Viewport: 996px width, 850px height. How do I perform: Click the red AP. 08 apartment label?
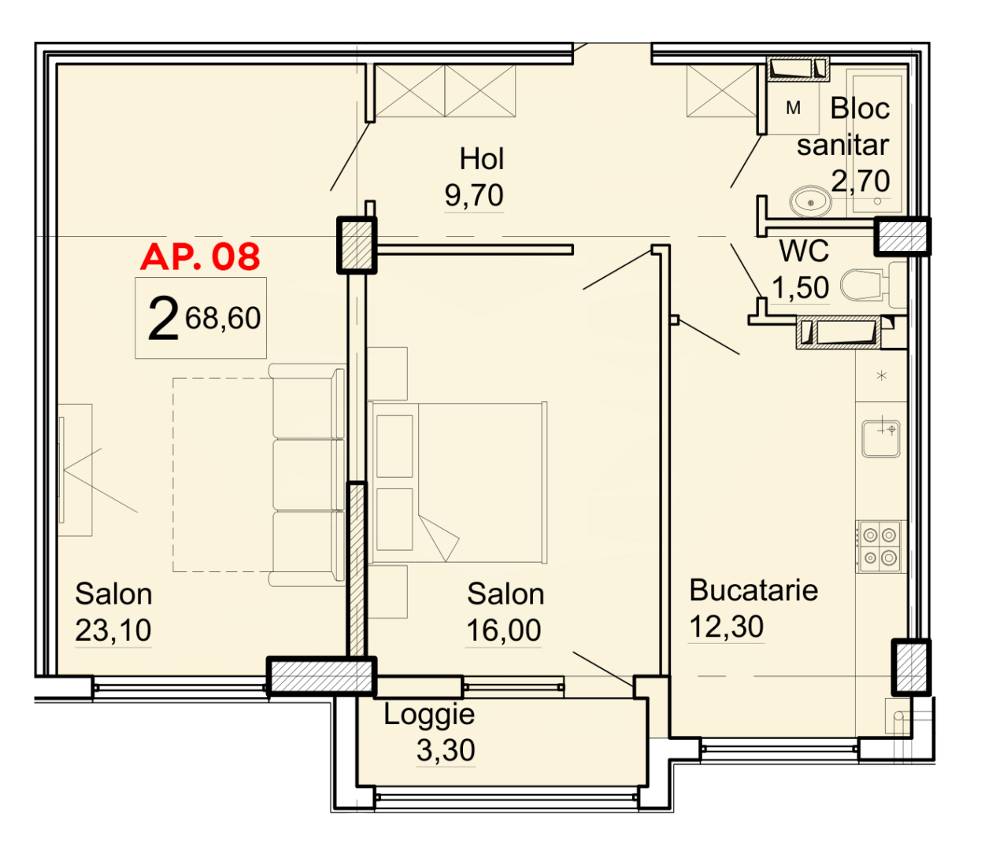[200, 257]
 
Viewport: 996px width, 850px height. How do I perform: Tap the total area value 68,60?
[223, 318]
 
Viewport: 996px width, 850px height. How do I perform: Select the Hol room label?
[481, 159]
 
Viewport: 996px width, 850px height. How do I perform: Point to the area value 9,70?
[474, 195]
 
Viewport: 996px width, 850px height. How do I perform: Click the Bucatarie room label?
[753, 590]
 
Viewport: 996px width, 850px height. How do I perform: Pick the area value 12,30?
[726, 626]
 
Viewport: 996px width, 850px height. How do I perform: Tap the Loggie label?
[429, 715]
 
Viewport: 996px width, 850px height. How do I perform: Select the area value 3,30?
[446, 750]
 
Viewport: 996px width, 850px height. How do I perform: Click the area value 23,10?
[113, 630]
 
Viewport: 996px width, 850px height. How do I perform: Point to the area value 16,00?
[504, 630]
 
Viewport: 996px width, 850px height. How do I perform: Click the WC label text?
[804, 252]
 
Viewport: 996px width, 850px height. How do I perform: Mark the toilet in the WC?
[866, 286]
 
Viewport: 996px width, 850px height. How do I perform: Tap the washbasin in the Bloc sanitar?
[810, 201]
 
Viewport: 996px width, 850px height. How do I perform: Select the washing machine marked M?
[794, 109]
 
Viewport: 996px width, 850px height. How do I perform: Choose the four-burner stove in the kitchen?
[879, 546]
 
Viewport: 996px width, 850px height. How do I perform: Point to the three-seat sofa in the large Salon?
[307, 475]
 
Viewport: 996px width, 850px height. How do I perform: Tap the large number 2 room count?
[163, 320]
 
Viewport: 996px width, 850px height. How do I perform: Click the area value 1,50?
[800, 288]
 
